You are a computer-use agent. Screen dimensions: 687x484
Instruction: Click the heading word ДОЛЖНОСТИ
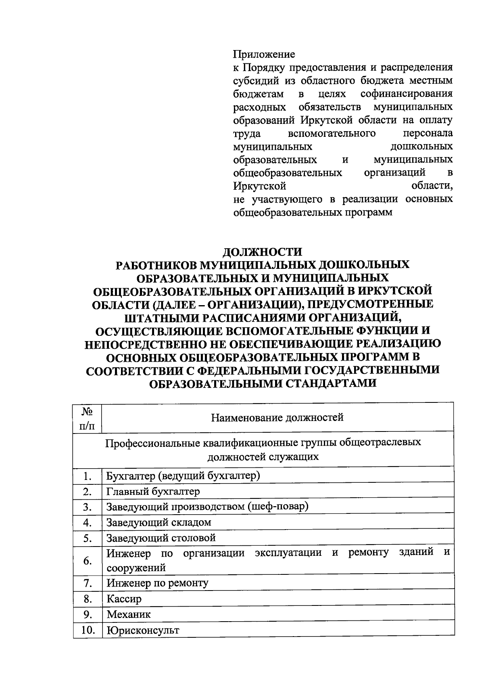263,251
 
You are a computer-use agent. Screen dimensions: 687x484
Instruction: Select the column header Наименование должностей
277,417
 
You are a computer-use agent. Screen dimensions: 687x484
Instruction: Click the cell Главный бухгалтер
153,491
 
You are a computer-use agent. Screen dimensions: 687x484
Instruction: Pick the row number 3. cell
87,507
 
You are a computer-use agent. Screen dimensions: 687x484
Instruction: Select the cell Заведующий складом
159,522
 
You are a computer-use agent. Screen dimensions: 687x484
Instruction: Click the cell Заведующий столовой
161,538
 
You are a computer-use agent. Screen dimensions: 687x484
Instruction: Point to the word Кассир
124,599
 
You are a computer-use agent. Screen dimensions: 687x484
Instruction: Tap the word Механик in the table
129,614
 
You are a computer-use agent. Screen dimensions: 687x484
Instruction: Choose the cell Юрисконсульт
143,630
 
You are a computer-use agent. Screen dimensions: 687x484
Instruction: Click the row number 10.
87,630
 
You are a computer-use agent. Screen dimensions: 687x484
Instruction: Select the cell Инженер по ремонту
157,583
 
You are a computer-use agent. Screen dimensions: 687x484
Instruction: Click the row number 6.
87,561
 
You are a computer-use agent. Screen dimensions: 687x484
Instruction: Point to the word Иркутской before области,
260,186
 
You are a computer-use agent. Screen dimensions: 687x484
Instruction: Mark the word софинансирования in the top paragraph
406,94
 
